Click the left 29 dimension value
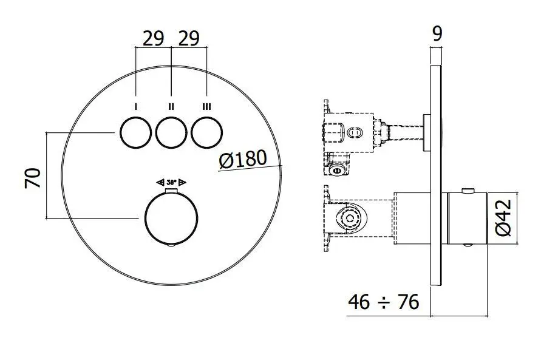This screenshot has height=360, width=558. click(154, 39)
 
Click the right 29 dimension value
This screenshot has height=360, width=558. click(189, 39)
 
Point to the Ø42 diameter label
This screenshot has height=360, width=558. click(504, 219)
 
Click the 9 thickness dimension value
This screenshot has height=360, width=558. click(437, 34)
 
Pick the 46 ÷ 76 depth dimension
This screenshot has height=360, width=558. click(384, 302)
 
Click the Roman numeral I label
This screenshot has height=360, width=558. click(135, 106)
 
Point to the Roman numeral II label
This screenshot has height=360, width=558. click(171, 106)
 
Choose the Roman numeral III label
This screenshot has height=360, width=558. click(206, 106)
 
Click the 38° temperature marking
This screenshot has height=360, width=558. click(171, 182)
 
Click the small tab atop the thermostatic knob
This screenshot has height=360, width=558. click(171, 192)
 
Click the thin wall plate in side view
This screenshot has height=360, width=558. click(437, 182)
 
